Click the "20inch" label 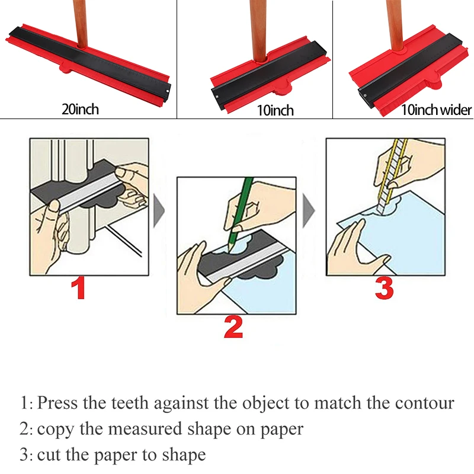click(x=80, y=109)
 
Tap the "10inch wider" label click(x=436, y=110)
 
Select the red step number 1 click(x=79, y=289)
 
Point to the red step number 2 click(x=233, y=328)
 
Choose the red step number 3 click(x=384, y=289)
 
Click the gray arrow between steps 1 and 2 click(x=159, y=211)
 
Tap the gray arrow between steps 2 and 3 click(x=309, y=211)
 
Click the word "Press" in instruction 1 click(x=57, y=403)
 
